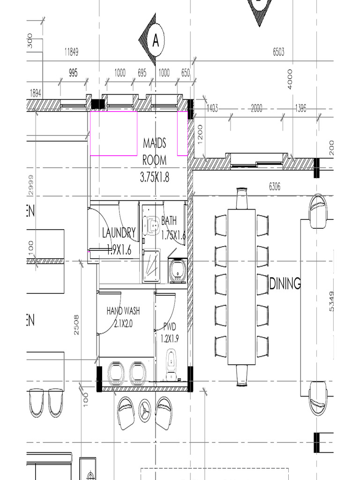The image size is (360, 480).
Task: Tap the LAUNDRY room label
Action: (119, 232)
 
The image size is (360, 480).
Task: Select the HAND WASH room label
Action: (123, 311)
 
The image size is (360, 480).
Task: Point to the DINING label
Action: (285, 284)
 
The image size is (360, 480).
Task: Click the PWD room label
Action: (169, 327)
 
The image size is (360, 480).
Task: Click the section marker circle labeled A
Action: (156, 41)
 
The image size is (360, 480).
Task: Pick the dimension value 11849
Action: (71, 52)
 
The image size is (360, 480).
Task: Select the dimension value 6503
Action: (278, 52)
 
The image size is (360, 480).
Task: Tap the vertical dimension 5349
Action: (332, 301)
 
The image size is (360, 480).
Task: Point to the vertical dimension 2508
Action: (76, 324)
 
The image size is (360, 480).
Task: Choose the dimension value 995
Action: (73, 73)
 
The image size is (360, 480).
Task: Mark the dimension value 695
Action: (142, 73)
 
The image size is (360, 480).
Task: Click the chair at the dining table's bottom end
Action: (241, 375)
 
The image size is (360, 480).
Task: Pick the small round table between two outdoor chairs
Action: (145, 411)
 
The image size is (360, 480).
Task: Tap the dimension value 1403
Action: (212, 108)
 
